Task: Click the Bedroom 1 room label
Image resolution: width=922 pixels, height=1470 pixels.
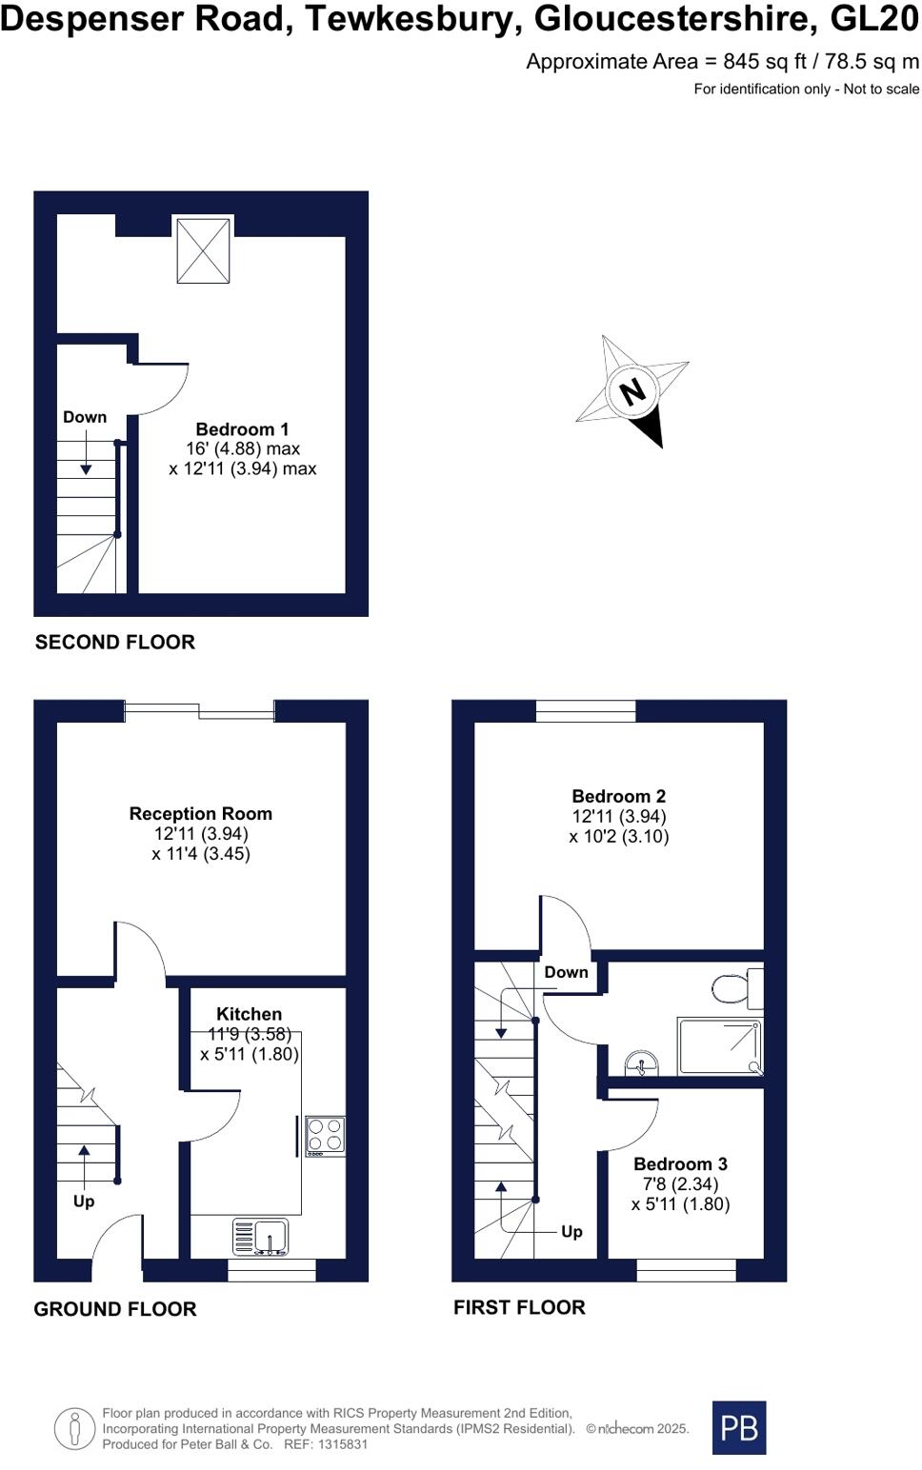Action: [x=242, y=429]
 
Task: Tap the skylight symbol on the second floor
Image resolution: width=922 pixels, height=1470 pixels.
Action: [x=203, y=250]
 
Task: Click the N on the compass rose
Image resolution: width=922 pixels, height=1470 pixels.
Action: [x=631, y=391]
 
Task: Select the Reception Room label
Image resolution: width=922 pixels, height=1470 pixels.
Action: [x=201, y=814]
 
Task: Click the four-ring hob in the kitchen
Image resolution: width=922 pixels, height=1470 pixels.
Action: [x=325, y=1135]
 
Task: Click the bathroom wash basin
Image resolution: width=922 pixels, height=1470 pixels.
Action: [x=641, y=1065]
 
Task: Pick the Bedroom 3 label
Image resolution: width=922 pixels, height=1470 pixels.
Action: [x=680, y=1164]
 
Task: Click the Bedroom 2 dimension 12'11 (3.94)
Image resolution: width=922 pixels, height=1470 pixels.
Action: [x=619, y=817]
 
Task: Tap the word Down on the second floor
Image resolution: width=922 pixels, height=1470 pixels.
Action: [x=85, y=417]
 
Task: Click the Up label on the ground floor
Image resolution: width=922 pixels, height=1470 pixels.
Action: [x=84, y=1202]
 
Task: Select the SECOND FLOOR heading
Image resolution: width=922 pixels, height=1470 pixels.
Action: [x=115, y=643]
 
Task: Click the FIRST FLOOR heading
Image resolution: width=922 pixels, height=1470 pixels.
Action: [x=519, y=1308]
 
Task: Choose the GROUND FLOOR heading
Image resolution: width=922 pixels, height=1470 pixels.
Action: [x=115, y=1310]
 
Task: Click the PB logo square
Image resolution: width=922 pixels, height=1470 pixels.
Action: [x=739, y=1427]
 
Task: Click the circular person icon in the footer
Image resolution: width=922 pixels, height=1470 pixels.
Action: [x=74, y=1429]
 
